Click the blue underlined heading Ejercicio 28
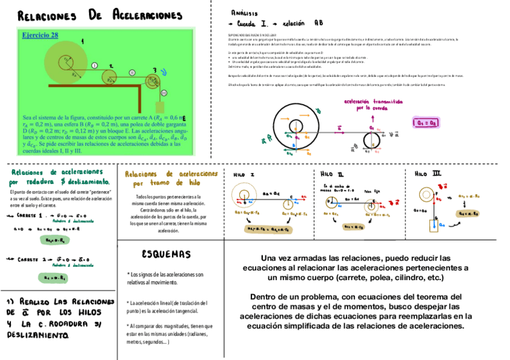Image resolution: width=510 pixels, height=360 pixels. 40,35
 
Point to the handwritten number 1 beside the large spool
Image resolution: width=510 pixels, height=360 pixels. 82,40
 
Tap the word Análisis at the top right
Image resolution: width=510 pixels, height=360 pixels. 245,13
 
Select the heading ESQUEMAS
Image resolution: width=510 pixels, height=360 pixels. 167,254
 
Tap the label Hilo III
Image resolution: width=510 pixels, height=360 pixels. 428,174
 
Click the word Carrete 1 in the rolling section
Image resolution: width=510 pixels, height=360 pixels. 30,215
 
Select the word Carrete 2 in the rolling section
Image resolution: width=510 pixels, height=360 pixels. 30,259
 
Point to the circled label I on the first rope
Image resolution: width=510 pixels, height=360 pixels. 94,64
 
